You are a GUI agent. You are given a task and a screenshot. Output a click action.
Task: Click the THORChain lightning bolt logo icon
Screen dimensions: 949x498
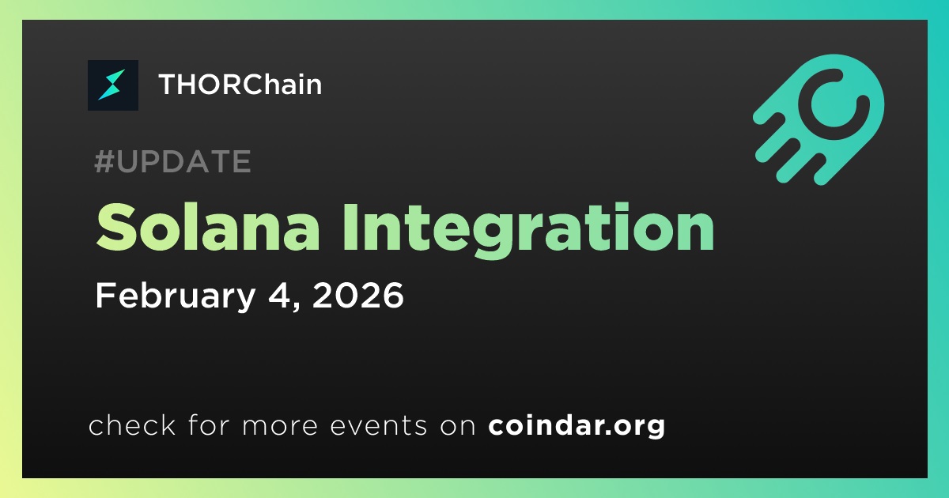(x=112, y=85)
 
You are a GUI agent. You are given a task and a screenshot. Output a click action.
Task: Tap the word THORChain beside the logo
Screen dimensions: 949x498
(x=240, y=85)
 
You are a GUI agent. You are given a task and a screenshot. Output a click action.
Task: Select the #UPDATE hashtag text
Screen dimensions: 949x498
(x=173, y=161)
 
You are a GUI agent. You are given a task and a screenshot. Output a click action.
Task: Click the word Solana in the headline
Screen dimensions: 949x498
(x=207, y=228)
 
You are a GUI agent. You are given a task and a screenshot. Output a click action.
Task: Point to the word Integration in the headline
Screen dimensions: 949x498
(x=529, y=230)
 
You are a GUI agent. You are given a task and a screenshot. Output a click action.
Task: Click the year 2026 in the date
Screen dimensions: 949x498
(x=358, y=295)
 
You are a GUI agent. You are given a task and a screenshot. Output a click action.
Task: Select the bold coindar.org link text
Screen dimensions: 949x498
(x=577, y=425)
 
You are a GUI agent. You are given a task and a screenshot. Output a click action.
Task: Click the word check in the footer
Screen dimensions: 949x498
(x=132, y=424)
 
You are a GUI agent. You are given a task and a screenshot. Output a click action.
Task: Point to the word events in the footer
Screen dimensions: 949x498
(x=379, y=425)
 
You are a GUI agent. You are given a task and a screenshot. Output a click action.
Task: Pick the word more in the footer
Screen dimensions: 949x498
(x=280, y=426)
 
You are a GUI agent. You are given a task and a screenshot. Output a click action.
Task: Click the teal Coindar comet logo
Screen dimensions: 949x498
(x=819, y=119)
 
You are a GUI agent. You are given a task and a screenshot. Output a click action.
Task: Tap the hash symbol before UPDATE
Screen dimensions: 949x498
(x=104, y=161)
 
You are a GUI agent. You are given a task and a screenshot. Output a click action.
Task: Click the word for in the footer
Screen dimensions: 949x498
(x=209, y=424)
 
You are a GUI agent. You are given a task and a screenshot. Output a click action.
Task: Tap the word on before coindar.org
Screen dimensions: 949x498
(x=458, y=426)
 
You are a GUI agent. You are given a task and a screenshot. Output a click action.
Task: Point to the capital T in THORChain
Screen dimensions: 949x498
(x=169, y=85)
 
